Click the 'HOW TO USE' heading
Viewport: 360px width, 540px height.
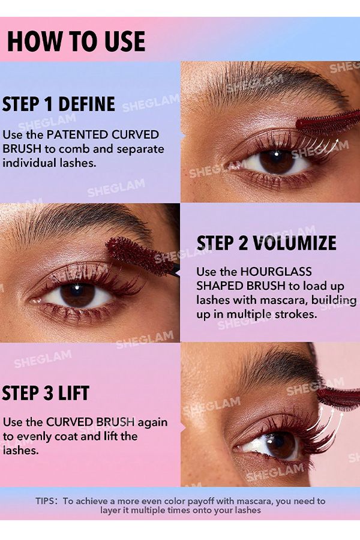click(76, 41)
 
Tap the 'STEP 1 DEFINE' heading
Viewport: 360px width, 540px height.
click(58, 104)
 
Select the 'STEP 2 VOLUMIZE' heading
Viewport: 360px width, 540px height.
click(266, 243)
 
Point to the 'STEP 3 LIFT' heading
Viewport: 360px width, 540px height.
click(46, 393)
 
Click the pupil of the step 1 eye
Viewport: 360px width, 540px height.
click(277, 161)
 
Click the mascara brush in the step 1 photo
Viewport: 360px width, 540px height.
click(327, 122)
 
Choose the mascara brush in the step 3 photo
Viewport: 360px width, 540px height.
click(339, 398)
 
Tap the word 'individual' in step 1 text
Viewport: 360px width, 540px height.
click(28, 163)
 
